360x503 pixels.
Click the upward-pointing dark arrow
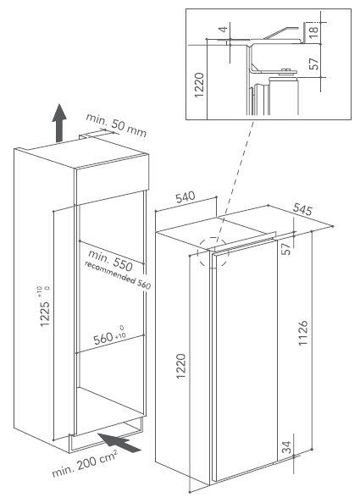[x=59, y=122]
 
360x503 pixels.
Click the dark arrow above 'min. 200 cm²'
[x=119, y=443]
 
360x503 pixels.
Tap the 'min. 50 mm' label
[x=116, y=125]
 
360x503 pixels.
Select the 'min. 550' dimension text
[x=110, y=260]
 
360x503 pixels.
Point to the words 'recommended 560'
[x=118, y=275]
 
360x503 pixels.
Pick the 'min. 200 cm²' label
[x=85, y=463]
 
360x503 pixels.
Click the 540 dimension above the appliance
[x=186, y=197]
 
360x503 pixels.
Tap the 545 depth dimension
[x=302, y=209]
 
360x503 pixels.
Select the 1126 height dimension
[x=303, y=333]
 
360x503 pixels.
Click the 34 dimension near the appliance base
[x=287, y=447]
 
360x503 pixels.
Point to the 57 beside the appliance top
[x=286, y=249]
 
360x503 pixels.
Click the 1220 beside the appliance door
[x=181, y=366]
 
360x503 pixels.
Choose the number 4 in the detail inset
[x=224, y=30]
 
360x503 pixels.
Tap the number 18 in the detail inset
[x=313, y=30]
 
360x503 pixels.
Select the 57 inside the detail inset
[x=314, y=64]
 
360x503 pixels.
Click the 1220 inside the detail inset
[x=199, y=86]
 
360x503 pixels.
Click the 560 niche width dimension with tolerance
[x=109, y=337]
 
